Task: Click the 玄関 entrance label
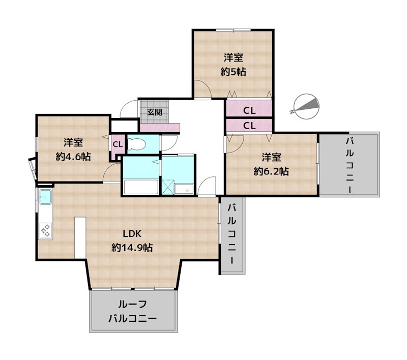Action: (155, 112)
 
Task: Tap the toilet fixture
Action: (136, 144)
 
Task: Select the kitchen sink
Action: (46, 197)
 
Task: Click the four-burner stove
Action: (45, 230)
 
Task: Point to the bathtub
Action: (141, 187)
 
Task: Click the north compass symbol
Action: (306, 106)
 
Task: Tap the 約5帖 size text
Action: (234, 72)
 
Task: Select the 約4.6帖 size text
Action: (73, 157)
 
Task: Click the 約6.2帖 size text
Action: (271, 171)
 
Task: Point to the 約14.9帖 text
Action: (132, 248)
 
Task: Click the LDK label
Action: (132, 234)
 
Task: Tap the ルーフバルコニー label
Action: (132, 311)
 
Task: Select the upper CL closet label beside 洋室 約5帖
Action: (249, 111)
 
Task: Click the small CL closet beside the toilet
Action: (118, 144)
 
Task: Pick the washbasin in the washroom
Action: (184, 189)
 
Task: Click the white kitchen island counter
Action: (80, 237)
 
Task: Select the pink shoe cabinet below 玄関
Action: (160, 128)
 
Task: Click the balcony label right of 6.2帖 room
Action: (350, 165)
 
